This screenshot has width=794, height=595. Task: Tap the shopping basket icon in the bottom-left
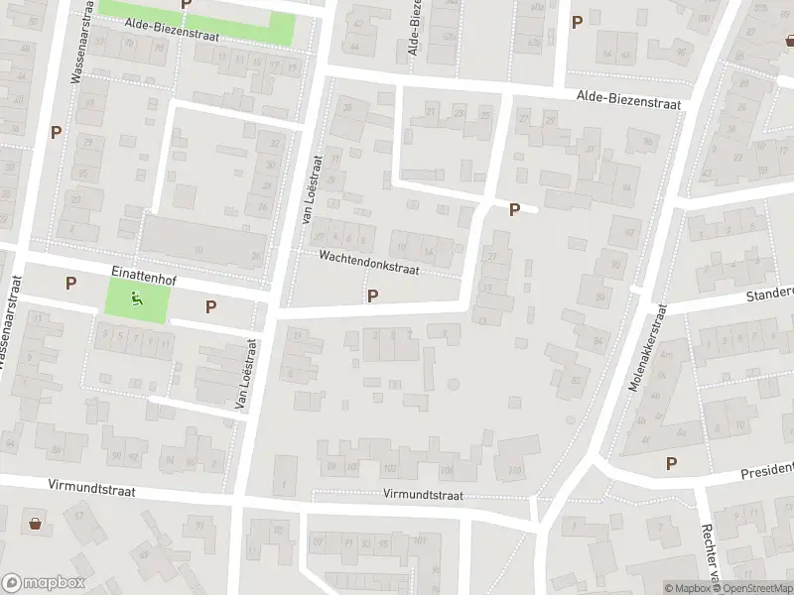tap(37, 523)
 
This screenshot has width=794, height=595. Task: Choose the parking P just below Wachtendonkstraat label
tap(372, 296)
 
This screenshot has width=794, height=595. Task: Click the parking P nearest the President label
tap(671, 463)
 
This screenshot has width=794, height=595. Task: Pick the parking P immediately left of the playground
tap(70, 283)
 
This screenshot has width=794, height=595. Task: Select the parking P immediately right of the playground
tap(210, 306)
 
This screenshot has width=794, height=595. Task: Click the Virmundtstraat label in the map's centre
tap(423, 494)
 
